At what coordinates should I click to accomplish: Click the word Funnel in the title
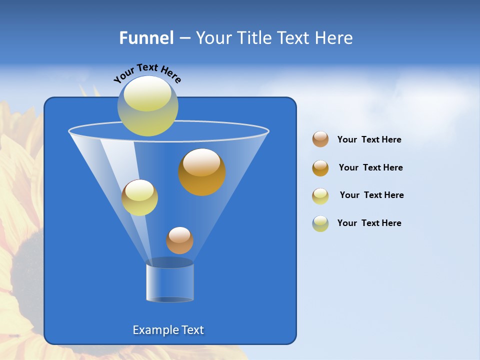(146, 38)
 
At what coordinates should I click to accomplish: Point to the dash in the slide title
(184, 38)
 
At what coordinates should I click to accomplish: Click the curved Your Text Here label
(147, 73)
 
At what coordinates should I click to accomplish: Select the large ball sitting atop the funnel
(147, 106)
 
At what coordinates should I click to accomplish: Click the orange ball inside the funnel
(201, 171)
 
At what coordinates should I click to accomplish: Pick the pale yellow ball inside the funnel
(139, 197)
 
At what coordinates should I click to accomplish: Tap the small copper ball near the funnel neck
(179, 240)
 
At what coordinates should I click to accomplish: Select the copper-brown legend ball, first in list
(320, 139)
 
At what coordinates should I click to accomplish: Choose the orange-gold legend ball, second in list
(320, 168)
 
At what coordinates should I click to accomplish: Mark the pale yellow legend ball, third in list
(320, 196)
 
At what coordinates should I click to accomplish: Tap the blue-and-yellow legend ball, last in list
(320, 223)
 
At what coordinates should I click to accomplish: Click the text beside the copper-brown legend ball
(369, 140)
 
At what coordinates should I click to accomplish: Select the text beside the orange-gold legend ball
(370, 168)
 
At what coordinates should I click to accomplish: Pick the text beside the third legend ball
(371, 195)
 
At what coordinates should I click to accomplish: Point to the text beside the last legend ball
(369, 223)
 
